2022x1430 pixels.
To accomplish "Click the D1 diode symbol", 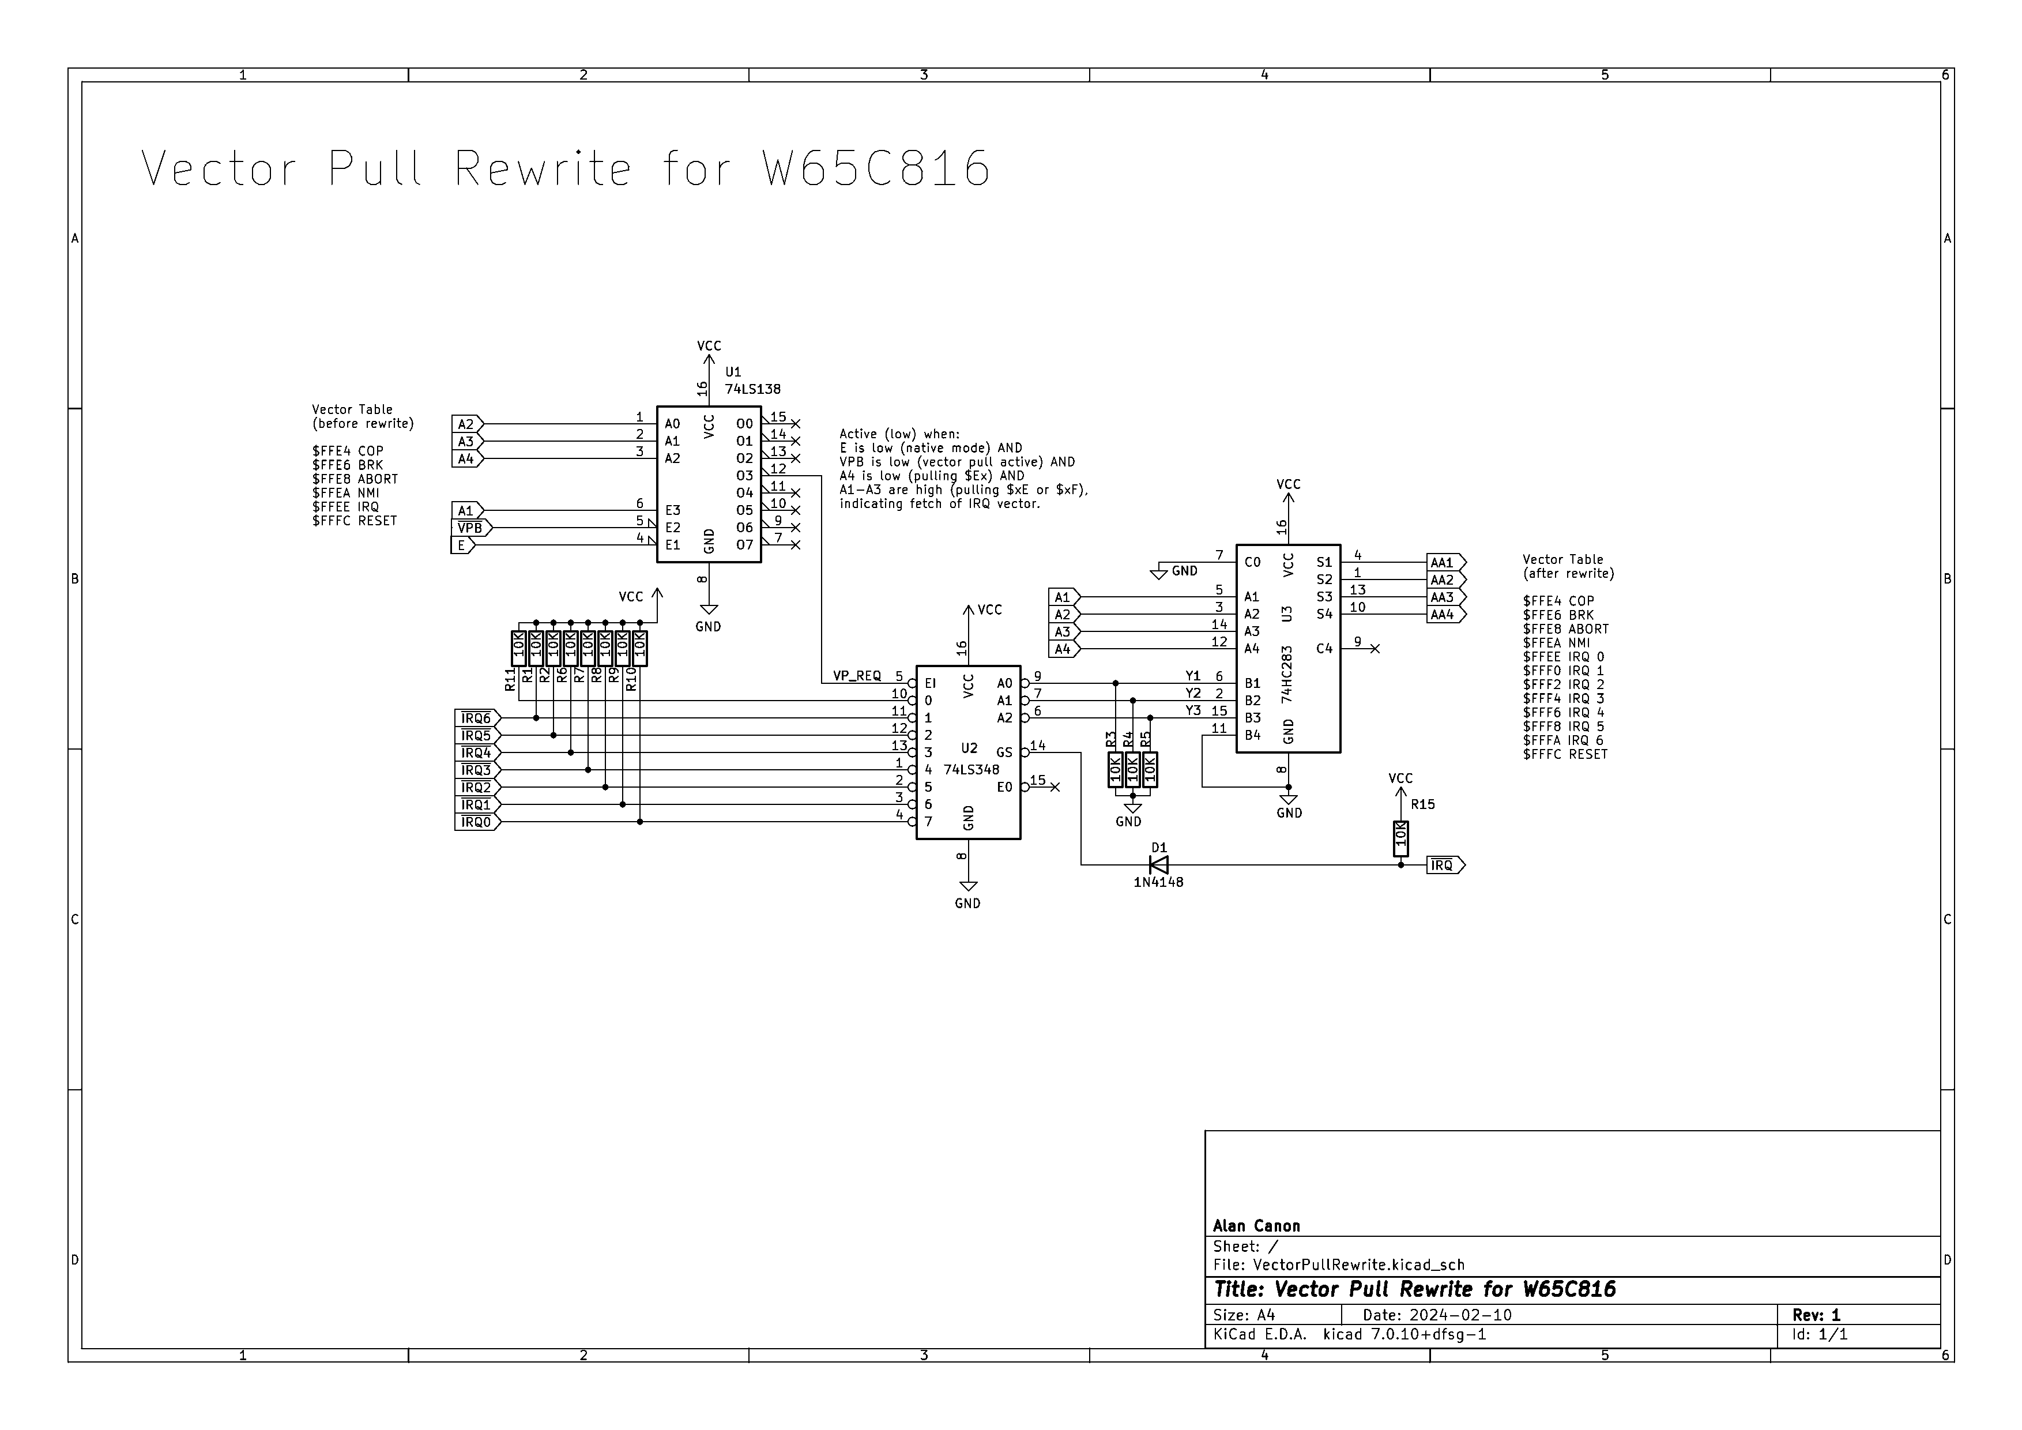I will pyautogui.click(x=1159, y=865).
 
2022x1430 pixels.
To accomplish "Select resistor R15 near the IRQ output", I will pyautogui.click(x=1400, y=838).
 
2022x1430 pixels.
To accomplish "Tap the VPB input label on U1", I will pyautogui.click(x=470, y=528).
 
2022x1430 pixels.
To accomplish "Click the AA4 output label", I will pyautogui.click(x=1443, y=615).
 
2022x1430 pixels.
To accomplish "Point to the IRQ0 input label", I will pyautogui.click(x=476, y=822).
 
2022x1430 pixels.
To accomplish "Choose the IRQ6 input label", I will pyautogui.click(x=476, y=718).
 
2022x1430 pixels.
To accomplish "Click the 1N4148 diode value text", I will pyautogui.click(x=1158, y=882).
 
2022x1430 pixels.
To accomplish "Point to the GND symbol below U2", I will pyautogui.click(x=968, y=887).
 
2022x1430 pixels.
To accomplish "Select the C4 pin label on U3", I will pyautogui.click(x=1324, y=649).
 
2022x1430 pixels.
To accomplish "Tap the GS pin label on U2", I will pyautogui.click(x=1004, y=753).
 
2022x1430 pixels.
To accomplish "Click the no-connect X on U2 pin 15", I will pyautogui.click(x=1055, y=787).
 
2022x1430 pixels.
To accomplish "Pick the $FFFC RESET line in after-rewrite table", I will pyautogui.click(x=1565, y=755).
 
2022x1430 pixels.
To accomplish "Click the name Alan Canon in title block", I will pyautogui.click(x=1256, y=1226).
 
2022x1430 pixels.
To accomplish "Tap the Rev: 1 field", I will pyautogui.click(x=1816, y=1315).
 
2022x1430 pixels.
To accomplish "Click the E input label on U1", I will pyautogui.click(x=461, y=545).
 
